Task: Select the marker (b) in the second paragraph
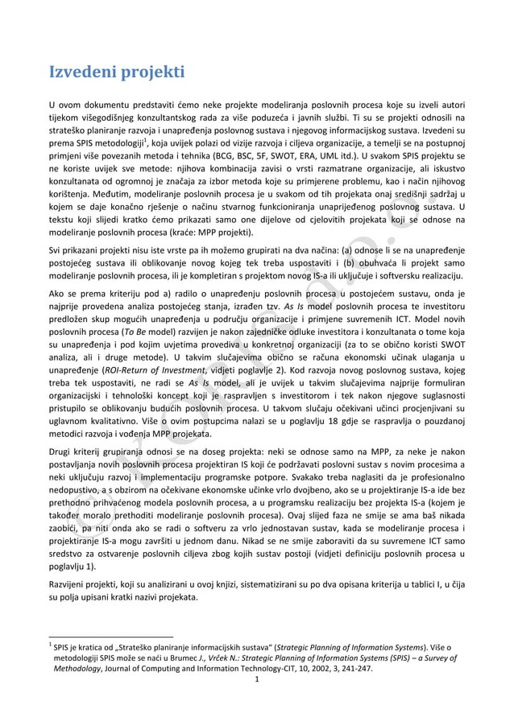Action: pyautogui.click(x=350, y=262)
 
